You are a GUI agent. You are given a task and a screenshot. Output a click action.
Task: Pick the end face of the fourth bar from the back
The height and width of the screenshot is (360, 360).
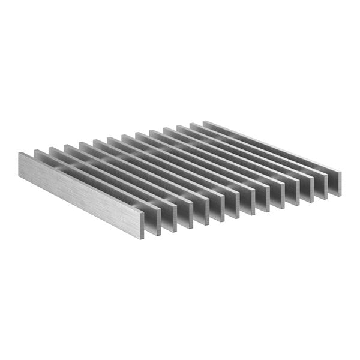tap(294, 193)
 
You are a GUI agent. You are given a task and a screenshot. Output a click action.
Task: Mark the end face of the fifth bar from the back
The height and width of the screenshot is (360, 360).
tap(279, 196)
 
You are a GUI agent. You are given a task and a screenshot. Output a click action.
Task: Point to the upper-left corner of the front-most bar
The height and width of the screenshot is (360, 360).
tap(19, 154)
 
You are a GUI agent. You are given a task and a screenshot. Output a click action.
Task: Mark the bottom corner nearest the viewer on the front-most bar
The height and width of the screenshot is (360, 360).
tap(143, 239)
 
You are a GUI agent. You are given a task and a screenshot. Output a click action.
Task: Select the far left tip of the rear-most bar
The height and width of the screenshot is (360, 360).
tap(205, 122)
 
